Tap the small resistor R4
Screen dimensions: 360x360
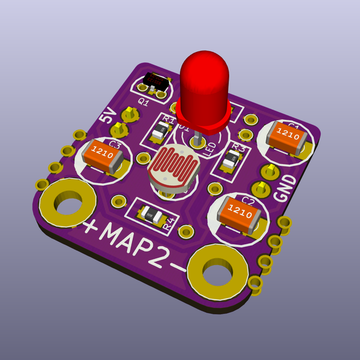click(150, 214)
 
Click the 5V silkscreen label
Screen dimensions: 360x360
click(108, 115)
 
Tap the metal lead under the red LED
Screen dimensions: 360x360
click(196, 139)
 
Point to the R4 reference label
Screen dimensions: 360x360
click(170, 224)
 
